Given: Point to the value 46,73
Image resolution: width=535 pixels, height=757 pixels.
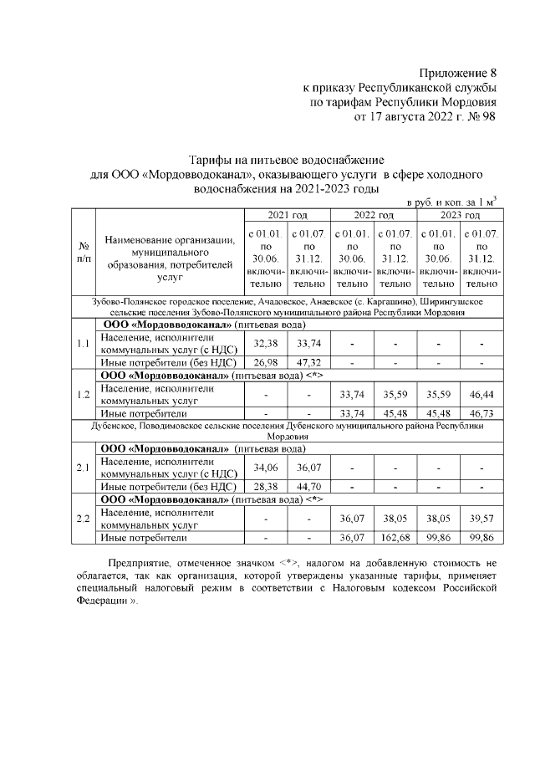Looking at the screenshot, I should click(x=481, y=413).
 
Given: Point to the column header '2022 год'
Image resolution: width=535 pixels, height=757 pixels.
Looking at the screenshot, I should click(x=374, y=215).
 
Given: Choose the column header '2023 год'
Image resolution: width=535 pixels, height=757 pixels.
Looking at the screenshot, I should click(x=459, y=215).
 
